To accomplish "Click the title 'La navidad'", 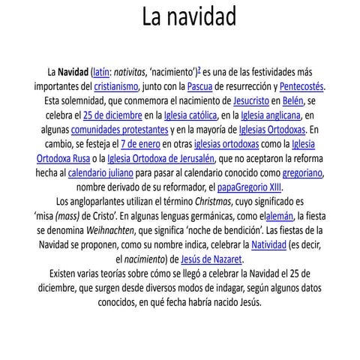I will (189, 17).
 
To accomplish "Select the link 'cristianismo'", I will (115, 86).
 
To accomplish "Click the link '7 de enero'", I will (141, 143).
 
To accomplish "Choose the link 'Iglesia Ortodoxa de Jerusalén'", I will (160, 157).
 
